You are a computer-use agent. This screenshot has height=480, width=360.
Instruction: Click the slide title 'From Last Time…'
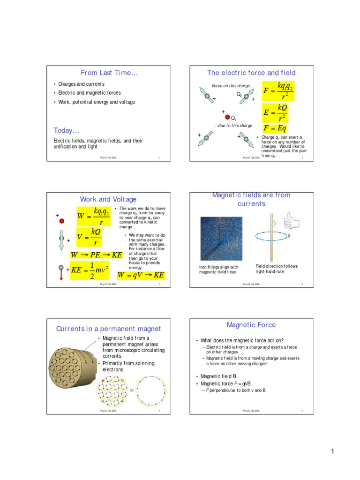click(x=109, y=73)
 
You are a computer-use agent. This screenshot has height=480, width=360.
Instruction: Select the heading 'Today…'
click(x=66, y=130)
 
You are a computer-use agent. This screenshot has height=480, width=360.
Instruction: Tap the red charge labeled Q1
click(x=227, y=117)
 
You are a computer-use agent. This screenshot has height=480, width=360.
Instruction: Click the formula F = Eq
click(x=275, y=128)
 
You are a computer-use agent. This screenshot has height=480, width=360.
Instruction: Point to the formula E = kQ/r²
click(x=276, y=112)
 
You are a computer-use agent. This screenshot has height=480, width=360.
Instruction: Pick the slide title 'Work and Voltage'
click(x=108, y=199)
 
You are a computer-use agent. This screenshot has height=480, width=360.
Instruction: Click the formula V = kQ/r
click(x=89, y=237)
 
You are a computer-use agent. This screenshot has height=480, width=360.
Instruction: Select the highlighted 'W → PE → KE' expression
click(x=96, y=255)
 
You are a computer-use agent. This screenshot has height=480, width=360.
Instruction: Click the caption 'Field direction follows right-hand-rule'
click(x=276, y=269)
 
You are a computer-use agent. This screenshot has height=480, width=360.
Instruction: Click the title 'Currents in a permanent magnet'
click(x=108, y=329)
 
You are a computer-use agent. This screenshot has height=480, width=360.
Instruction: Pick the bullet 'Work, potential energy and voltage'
click(x=97, y=102)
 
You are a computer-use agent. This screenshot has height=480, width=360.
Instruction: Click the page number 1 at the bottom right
click(x=332, y=452)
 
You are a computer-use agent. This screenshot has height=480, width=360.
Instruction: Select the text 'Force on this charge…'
click(x=233, y=86)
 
